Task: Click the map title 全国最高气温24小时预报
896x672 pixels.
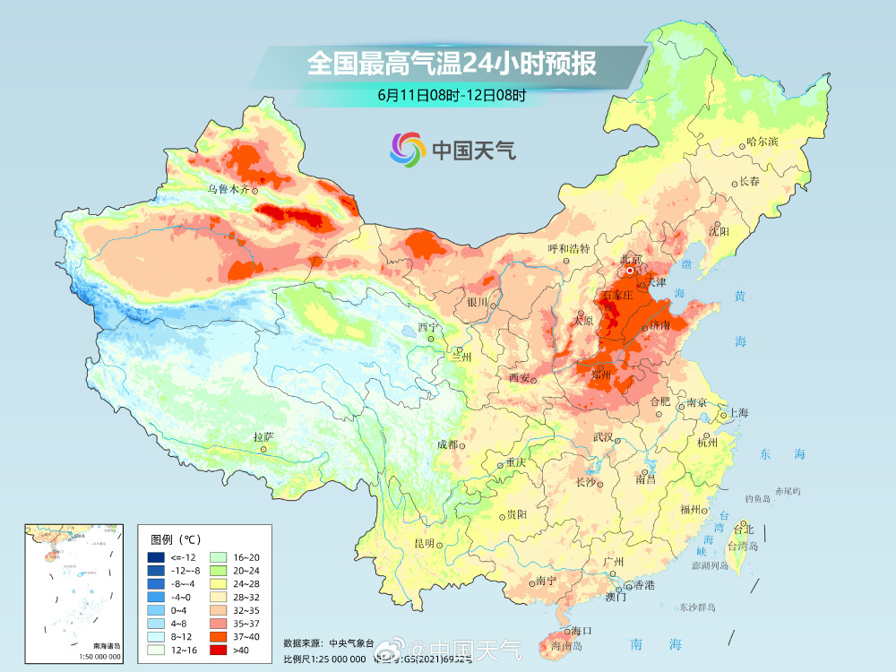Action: [451, 64]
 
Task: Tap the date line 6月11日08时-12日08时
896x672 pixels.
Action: [451, 94]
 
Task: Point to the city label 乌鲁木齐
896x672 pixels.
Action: [228, 189]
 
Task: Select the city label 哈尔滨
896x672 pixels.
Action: [762, 142]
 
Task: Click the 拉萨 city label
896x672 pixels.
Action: [263, 437]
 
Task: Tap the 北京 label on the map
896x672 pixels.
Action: [631, 260]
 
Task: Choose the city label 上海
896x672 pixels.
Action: [738, 413]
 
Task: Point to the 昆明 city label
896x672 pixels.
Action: [423, 543]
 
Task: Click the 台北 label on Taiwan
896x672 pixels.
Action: [745, 529]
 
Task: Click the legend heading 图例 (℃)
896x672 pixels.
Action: [177, 538]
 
